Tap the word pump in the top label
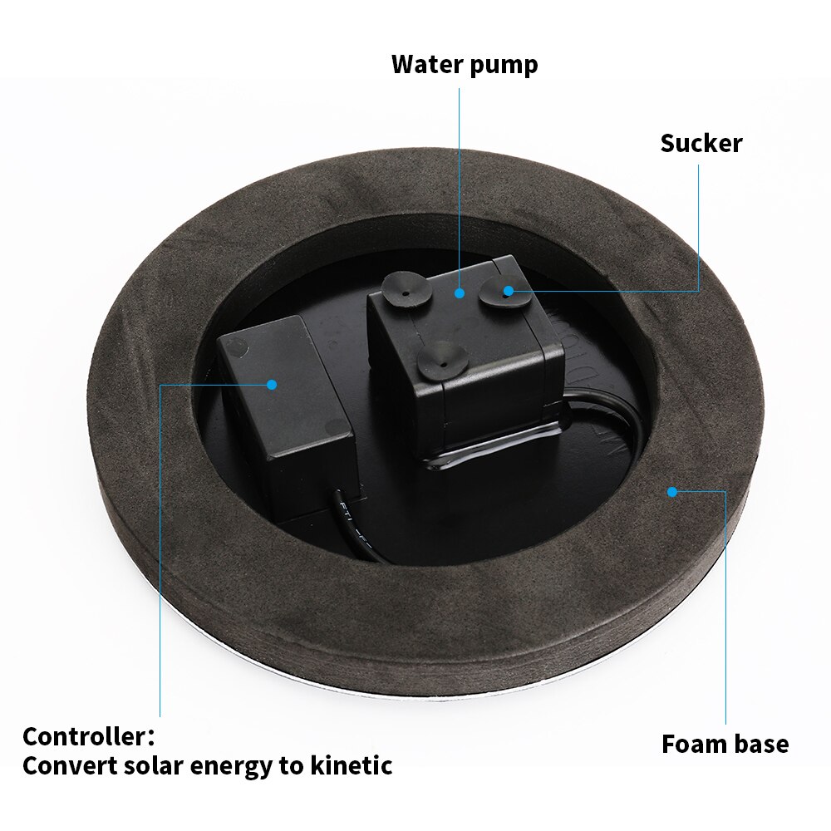(x=504, y=65)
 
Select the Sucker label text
(x=701, y=143)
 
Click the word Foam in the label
(x=693, y=744)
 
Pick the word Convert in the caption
(x=63, y=765)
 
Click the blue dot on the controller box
(x=271, y=384)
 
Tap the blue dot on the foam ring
(x=671, y=492)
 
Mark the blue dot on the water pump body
(x=460, y=293)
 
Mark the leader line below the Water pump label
(x=460, y=183)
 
